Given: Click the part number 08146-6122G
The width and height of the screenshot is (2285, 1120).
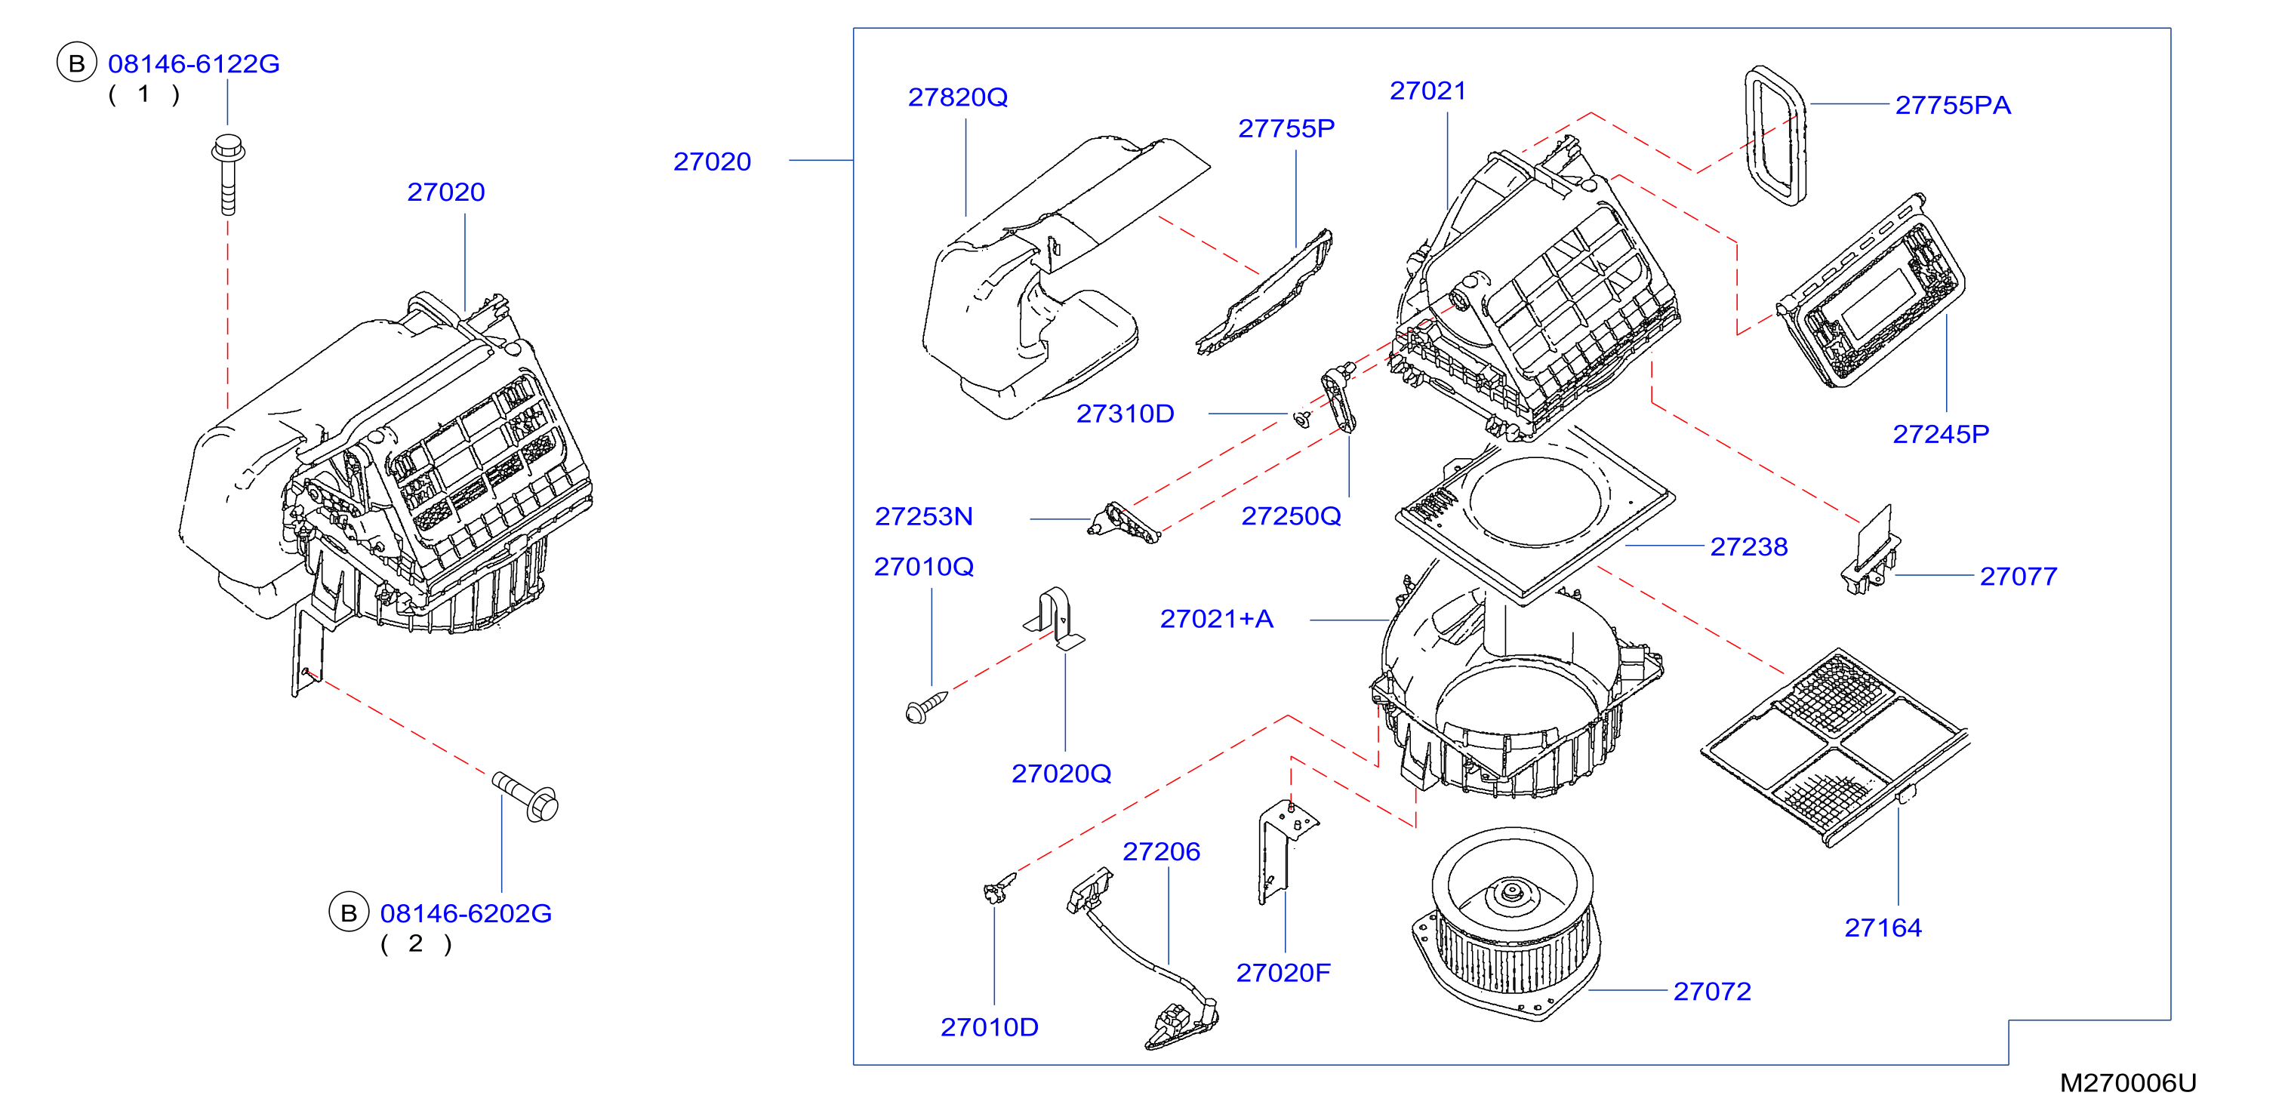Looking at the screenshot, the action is (193, 64).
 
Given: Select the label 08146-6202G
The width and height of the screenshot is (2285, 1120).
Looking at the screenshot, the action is (466, 913).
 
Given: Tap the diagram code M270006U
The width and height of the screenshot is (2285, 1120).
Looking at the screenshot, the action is (2127, 1083).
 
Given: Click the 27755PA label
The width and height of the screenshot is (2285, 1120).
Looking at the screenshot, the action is (1952, 105).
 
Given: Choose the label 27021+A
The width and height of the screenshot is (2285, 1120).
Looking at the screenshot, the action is (1216, 618).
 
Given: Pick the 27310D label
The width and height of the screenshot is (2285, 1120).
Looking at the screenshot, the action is (1125, 414).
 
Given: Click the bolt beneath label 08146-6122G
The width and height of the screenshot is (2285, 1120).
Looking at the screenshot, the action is (228, 174).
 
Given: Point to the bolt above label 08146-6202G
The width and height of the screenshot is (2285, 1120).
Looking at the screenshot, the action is (526, 795).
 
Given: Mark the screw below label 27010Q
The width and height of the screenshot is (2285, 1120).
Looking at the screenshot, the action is (926, 706).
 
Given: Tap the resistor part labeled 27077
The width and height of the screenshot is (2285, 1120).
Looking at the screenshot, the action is (1870, 552).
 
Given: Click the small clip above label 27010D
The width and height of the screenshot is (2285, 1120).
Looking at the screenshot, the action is (999, 887).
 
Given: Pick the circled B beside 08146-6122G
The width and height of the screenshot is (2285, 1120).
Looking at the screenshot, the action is (77, 63).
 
